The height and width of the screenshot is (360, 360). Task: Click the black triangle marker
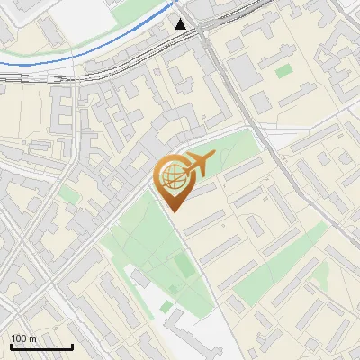181,24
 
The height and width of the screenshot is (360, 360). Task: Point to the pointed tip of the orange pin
173,211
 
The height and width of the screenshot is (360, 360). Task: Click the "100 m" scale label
23,338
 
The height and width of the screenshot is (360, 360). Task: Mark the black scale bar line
41,346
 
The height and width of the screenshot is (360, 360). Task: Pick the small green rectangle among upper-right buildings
284,70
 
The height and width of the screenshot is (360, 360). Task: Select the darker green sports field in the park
183,266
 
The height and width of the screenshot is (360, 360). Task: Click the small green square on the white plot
166,307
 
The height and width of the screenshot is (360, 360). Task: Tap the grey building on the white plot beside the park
193,328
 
